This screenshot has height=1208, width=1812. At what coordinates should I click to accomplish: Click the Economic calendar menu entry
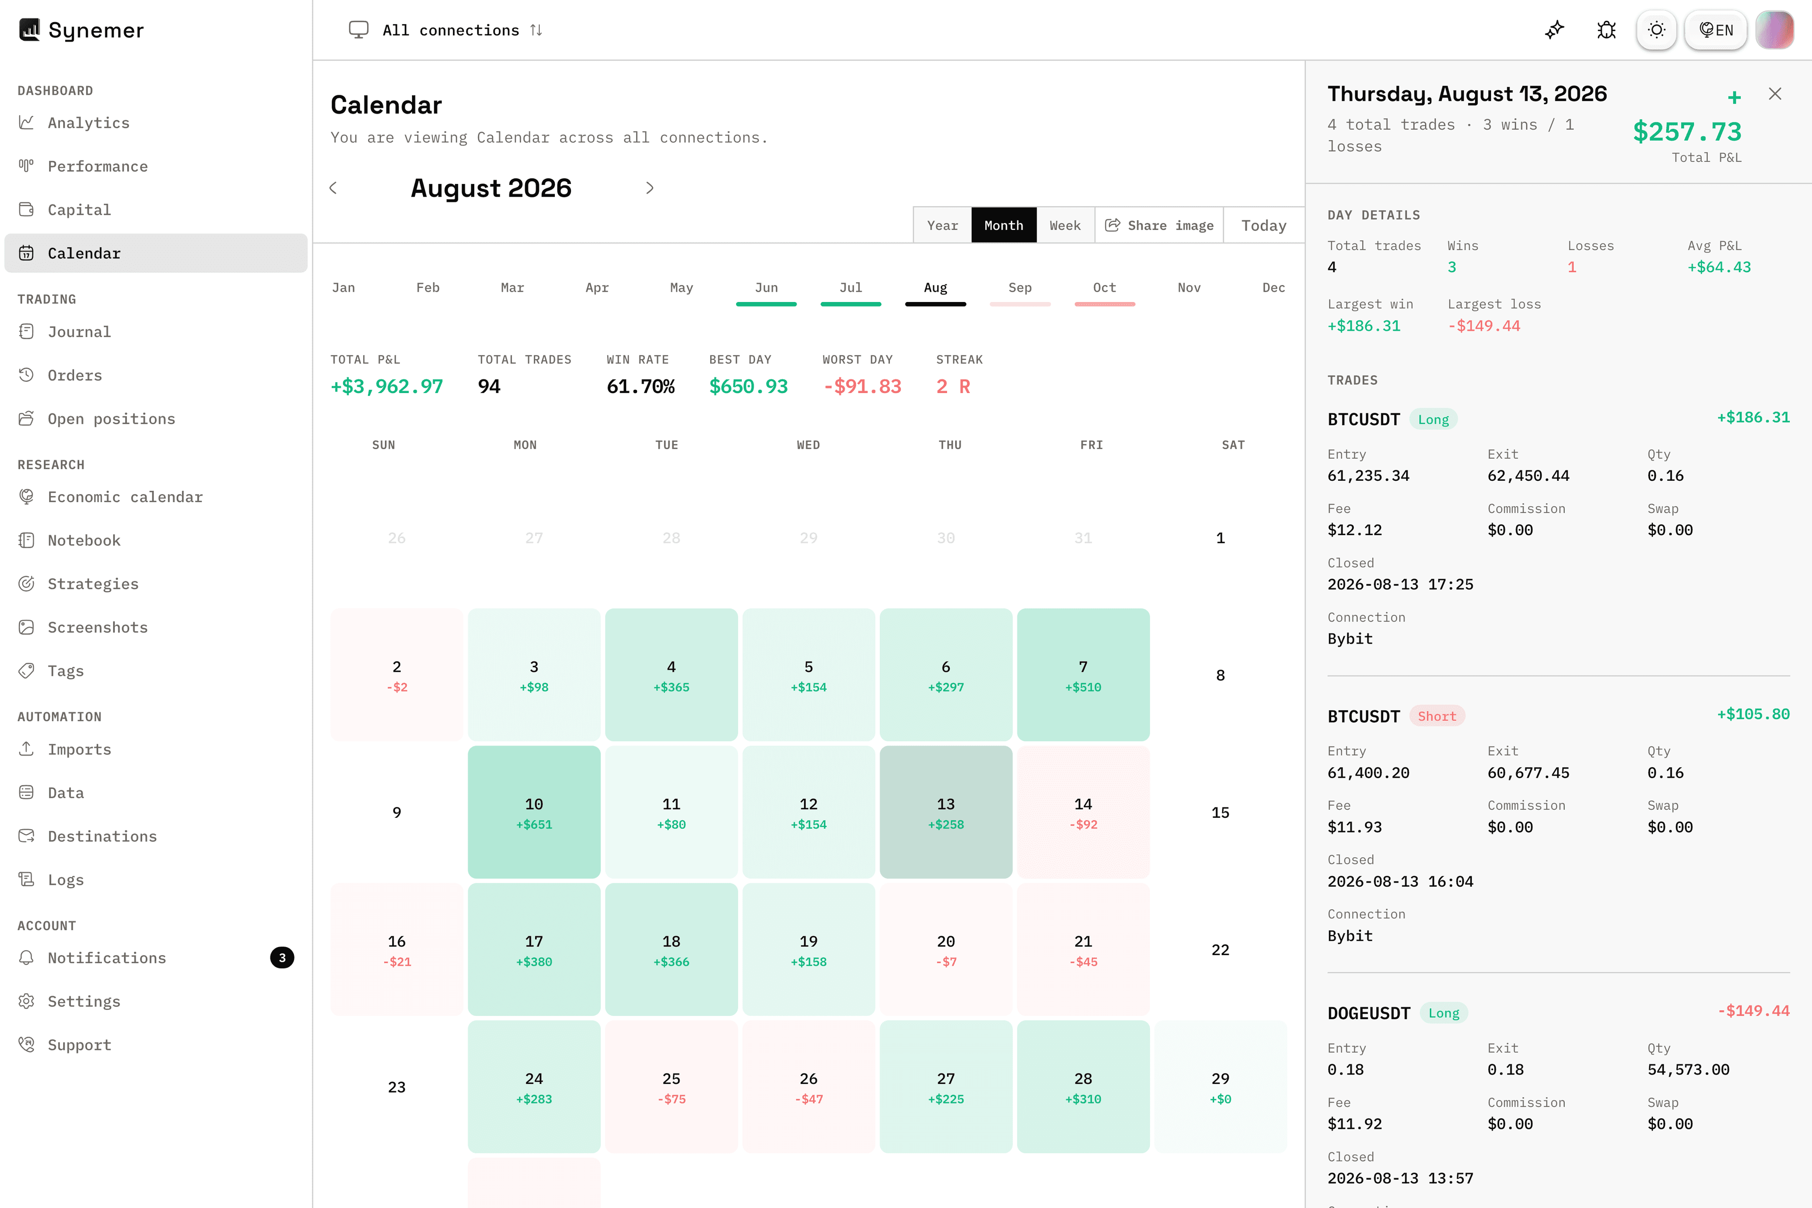click(125, 497)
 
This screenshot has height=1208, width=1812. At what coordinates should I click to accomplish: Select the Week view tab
click(1065, 225)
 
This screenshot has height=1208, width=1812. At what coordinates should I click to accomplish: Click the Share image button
click(1159, 225)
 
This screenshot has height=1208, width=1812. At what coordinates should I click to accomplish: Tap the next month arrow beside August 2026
click(649, 188)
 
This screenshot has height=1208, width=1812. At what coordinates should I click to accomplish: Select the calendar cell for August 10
click(534, 812)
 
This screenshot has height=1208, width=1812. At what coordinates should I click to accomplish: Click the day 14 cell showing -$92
click(1083, 812)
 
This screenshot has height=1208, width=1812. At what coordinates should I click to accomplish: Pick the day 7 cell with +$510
click(1083, 675)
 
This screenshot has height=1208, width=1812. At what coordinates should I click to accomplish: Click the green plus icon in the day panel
click(1734, 97)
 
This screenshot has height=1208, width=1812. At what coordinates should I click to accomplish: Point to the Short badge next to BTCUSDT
click(1437, 716)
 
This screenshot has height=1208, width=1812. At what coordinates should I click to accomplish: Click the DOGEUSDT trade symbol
click(1368, 1013)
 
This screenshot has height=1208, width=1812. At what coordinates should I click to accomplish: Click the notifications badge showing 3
click(282, 957)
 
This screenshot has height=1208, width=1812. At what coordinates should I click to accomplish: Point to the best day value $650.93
click(748, 386)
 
